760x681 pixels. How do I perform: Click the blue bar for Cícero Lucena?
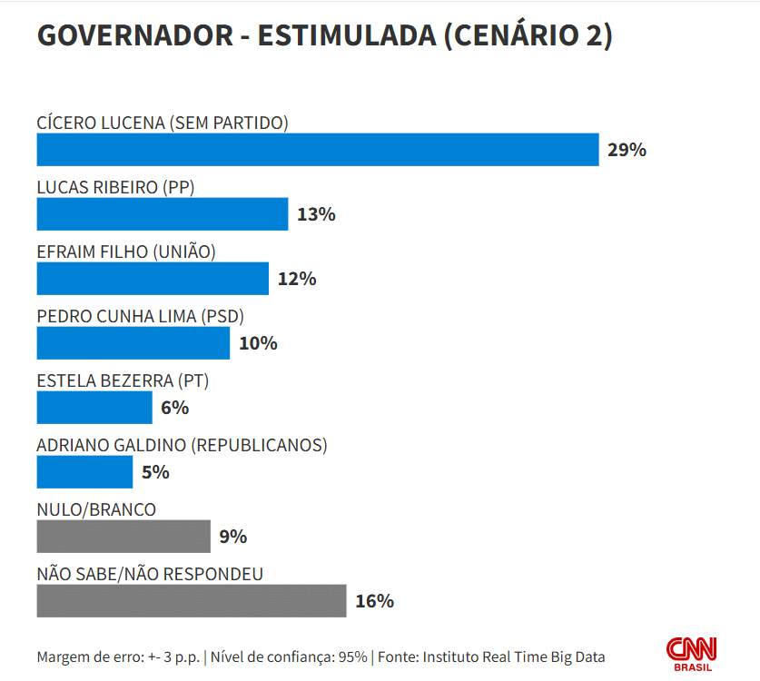pos(318,150)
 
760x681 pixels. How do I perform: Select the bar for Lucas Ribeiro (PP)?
pos(163,214)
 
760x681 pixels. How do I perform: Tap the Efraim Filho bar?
pos(153,279)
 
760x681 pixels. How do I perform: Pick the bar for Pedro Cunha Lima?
pos(133,343)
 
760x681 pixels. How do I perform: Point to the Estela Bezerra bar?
pos(94,408)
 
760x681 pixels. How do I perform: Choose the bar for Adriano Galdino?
pos(84,472)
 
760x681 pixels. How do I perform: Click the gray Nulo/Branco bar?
pos(123,537)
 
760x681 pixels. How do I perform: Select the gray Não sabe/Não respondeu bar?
pos(192,601)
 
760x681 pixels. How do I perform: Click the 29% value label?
pos(627,150)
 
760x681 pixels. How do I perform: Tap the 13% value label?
pos(316,214)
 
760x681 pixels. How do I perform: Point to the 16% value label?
pos(374,601)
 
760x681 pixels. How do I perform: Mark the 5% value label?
pos(155,472)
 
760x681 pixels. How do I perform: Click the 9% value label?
pos(233,537)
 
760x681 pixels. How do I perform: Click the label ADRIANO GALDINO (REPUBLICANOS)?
pos(182,445)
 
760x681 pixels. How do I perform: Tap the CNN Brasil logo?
pos(692,653)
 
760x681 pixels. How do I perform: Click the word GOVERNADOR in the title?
pos(135,35)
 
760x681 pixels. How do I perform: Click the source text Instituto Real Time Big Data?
pos(514,656)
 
